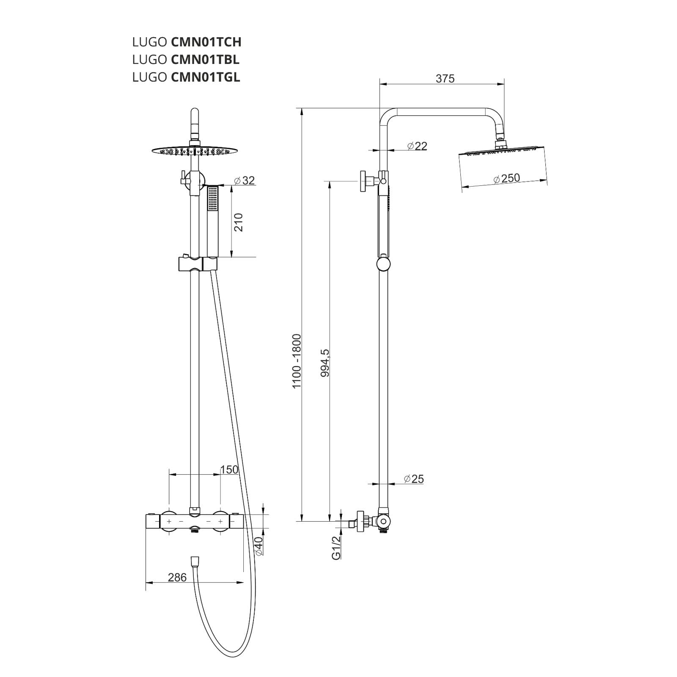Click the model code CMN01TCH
tap(206, 42)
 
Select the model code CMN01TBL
tap(205, 60)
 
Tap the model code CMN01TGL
tap(205, 77)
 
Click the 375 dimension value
tap(445, 79)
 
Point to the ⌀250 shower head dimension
tap(506, 179)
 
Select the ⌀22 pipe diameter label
tap(417, 146)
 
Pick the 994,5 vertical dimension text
tap(325, 363)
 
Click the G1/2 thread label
tap(336, 548)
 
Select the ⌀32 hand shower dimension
tap(244, 180)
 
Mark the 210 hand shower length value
tap(239, 222)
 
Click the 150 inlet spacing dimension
tap(229, 470)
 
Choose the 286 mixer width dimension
tap(177, 578)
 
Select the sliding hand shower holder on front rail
tap(198, 264)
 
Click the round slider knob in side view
tap(383, 265)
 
